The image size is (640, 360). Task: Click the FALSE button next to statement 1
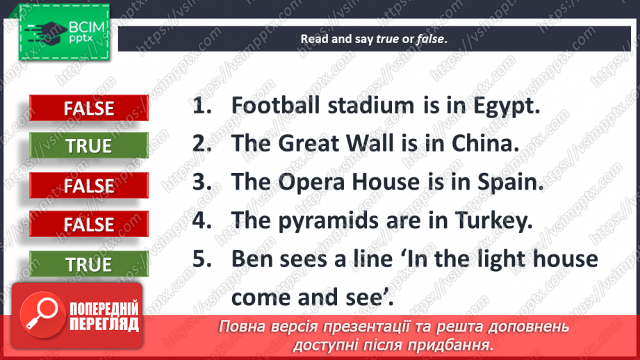(x=89, y=108)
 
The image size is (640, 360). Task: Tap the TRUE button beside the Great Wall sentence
(x=89, y=146)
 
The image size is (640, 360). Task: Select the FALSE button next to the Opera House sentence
(x=89, y=186)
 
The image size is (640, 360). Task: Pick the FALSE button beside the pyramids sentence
(x=89, y=224)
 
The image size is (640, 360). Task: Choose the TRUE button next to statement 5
(x=89, y=264)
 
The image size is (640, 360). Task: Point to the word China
(x=484, y=145)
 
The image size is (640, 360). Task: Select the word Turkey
(x=496, y=222)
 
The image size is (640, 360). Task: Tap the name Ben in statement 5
(x=252, y=259)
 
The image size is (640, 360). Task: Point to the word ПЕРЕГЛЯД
(x=104, y=324)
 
